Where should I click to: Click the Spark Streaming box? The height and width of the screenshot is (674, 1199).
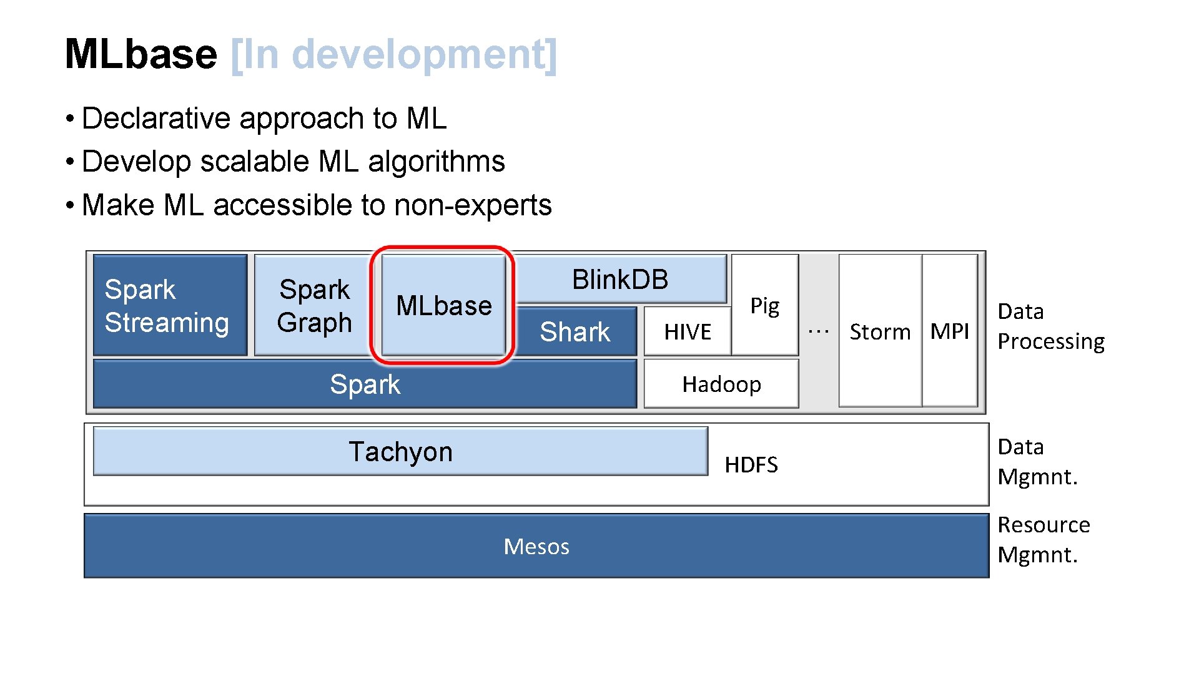coord(169,305)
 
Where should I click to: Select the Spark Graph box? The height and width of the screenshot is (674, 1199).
coord(314,305)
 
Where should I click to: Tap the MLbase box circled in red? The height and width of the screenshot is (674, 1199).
coord(443,305)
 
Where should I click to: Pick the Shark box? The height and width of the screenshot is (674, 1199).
coord(575,331)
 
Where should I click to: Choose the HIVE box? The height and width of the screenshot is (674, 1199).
coord(687,331)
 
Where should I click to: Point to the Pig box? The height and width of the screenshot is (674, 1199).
coord(764,305)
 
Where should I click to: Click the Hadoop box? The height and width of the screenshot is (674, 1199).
coord(721,384)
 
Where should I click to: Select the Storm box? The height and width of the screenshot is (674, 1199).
coord(880,331)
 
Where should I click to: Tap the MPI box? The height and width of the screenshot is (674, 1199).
coord(949,331)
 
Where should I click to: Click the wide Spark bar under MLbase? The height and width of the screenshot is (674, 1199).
coord(365,384)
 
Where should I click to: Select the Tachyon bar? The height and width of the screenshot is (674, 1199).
coord(400,451)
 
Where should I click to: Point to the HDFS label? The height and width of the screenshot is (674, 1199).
coord(751,465)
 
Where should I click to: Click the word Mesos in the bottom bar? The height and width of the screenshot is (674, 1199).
coord(536,547)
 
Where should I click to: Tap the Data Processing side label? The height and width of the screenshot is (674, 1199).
coord(1050,326)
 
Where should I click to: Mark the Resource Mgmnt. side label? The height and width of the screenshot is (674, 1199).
coord(1043,539)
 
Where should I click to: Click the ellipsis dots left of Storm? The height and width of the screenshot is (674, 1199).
coord(818,331)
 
